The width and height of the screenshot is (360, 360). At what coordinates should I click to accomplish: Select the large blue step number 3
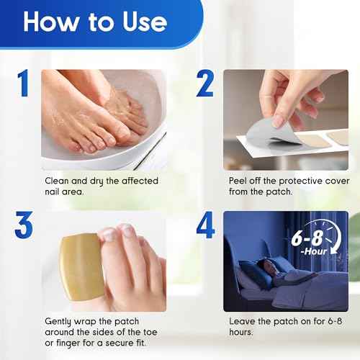pyautogui.click(x=23, y=226)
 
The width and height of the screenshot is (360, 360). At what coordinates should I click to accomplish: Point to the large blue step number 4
pyautogui.click(x=205, y=226)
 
